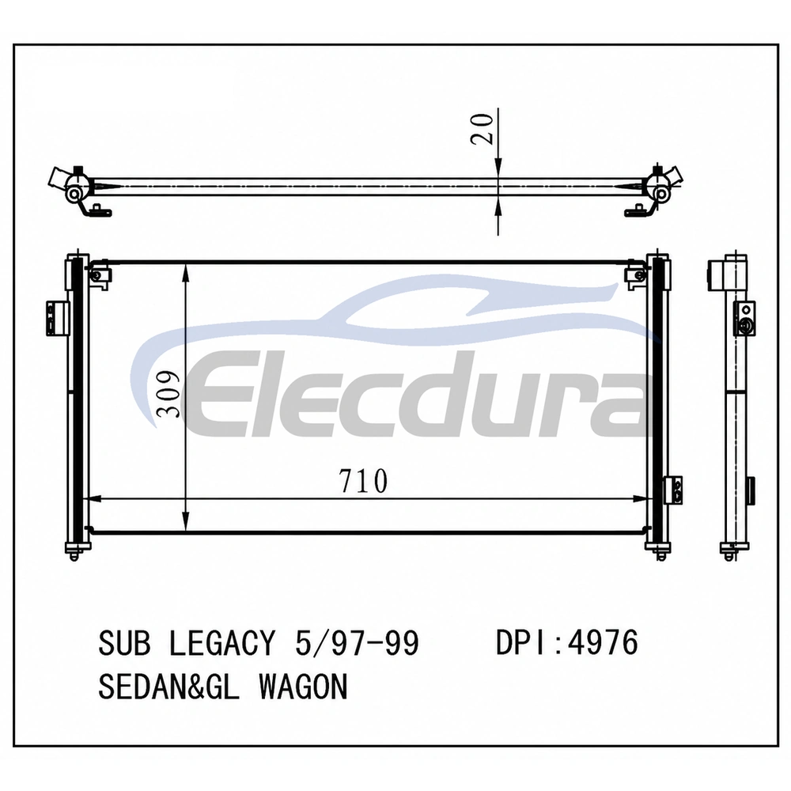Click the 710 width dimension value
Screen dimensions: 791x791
(x=363, y=481)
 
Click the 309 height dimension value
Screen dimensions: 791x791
(x=168, y=394)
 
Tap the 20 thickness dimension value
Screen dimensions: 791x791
(x=482, y=129)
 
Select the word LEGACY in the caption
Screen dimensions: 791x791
(x=222, y=642)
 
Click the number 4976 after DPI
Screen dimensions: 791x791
(x=604, y=642)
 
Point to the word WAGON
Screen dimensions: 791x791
(x=304, y=686)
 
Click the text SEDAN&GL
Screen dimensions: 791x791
(x=168, y=686)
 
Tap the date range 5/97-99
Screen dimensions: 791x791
(x=357, y=642)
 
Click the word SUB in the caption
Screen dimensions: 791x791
(x=124, y=642)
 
